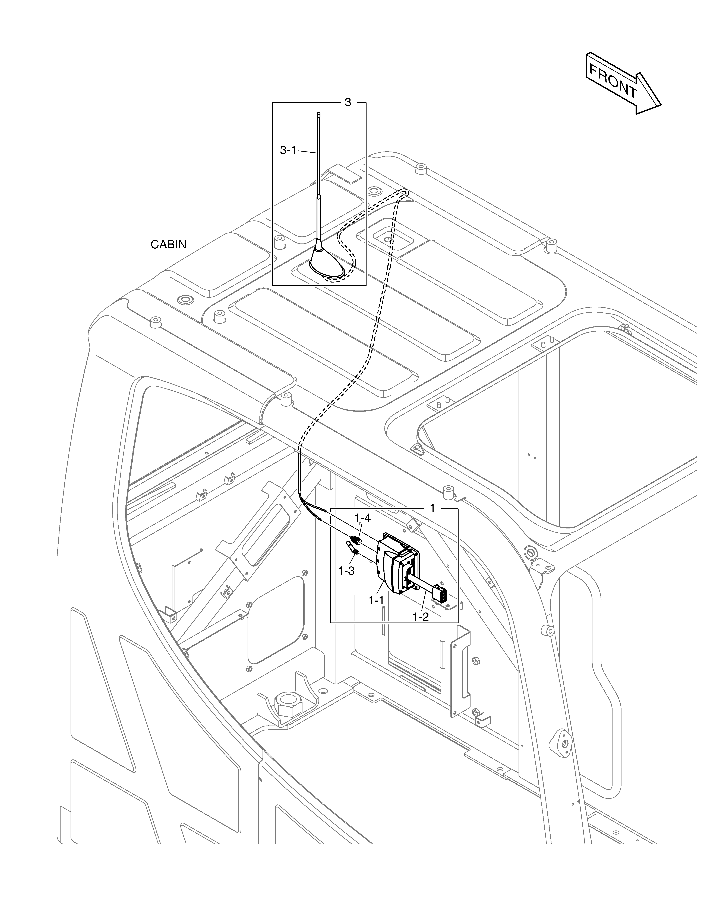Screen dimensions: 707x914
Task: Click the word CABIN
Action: click(x=168, y=244)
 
